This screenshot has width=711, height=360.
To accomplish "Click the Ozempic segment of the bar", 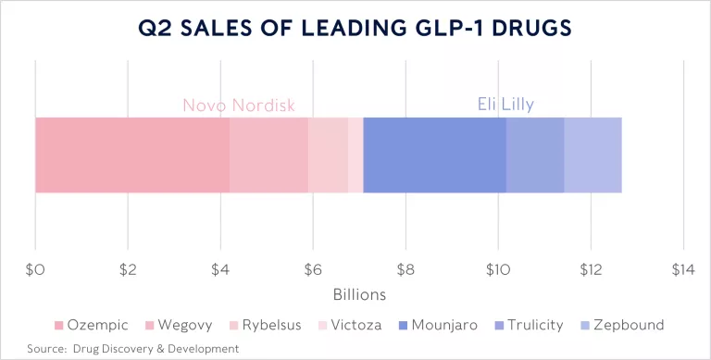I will click(x=132, y=155).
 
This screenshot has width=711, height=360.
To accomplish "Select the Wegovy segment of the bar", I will click(x=268, y=155).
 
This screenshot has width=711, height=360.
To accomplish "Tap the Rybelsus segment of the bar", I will click(x=328, y=155).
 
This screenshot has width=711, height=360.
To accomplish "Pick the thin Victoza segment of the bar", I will click(x=355, y=155).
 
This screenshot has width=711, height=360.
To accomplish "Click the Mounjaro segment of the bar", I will click(x=434, y=155).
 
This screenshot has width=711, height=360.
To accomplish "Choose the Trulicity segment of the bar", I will click(x=535, y=155).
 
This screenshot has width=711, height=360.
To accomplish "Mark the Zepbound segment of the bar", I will click(x=592, y=155).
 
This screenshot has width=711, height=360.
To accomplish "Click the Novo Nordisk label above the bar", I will click(x=239, y=106).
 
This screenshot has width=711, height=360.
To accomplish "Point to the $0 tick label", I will click(x=35, y=270).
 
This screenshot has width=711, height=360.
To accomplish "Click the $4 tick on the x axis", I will click(x=220, y=270).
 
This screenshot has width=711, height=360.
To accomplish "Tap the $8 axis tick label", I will click(x=405, y=270).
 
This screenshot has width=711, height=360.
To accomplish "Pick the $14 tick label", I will click(x=682, y=270).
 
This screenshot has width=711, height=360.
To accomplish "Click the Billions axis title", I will click(x=358, y=294).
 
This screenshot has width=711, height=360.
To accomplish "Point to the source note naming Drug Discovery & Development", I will click(x=132, y=348).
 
